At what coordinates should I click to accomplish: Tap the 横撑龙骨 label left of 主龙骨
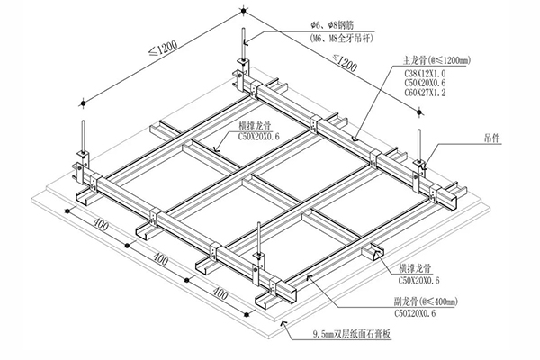point(256,127)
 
